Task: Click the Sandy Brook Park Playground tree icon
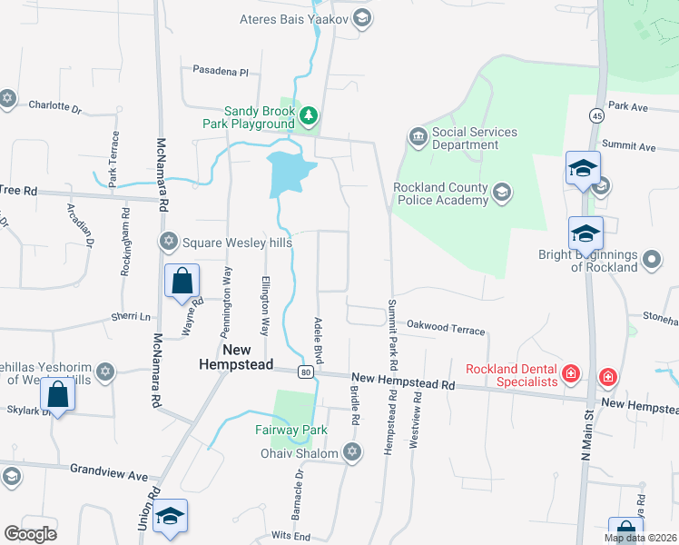click(x=310, y=115)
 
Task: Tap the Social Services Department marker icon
click(x=418, y=137)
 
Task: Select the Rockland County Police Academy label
click(x=440, y=193)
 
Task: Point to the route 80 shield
click(x=306, y=372)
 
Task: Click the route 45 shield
click(x=596, y=115)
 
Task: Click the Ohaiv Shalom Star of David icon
click(x=352, y=451)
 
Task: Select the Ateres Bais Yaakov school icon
click(x=361, y=18)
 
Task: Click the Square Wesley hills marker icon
click(x=168, y=242)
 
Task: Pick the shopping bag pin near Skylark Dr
click(x=57, y=395)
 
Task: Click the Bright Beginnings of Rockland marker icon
click(x=651, y=261)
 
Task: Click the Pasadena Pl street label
click(x=221, y=71)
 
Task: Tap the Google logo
click(x=30, y=533)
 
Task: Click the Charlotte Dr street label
click(x=55, y=105)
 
